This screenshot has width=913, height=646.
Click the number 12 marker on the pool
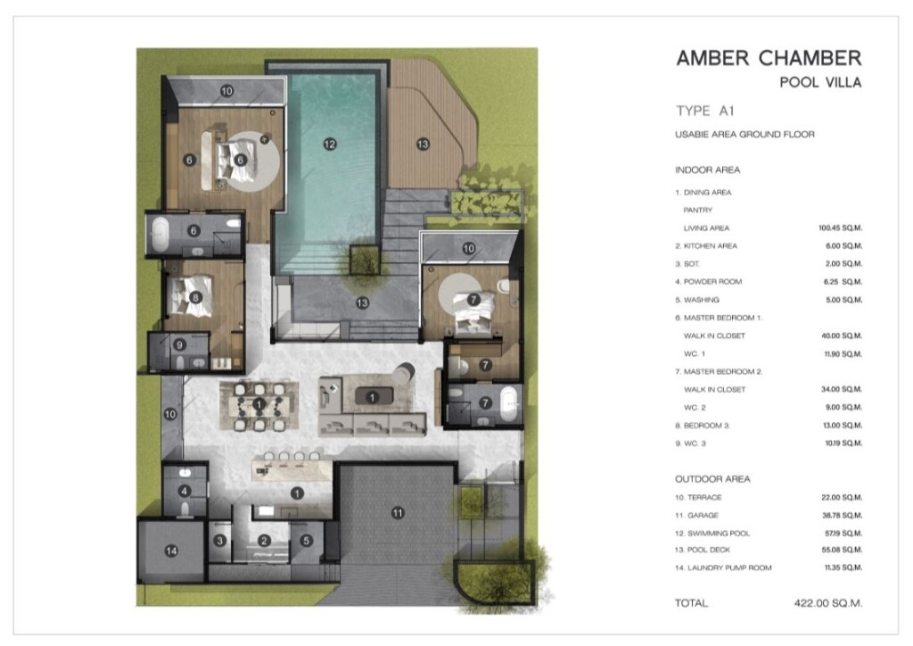click(x=330, y=144)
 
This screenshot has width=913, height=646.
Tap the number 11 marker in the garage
click(x=398, y=513)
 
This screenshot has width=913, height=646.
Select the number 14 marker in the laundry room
click(x=171, y=551)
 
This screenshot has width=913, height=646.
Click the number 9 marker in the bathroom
click(x=179, y=344)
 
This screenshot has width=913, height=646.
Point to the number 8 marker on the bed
click(x=195, y=298)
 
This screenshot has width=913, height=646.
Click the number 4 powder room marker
click(x=185, y=491)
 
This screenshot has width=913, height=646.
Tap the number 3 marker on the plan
click(x=219, y=541)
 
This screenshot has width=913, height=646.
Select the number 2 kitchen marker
click(x=264, y=541)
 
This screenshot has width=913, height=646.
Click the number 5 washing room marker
click(x=307, y=541)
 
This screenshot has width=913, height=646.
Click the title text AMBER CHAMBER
click(x=769, y=58)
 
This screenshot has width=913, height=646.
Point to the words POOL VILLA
click(x=820, y=82)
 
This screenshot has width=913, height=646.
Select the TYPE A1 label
click(x=705, y=111)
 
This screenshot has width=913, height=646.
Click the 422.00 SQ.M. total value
click(x=828, y=603)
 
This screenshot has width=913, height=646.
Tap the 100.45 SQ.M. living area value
click(x=840, y=228)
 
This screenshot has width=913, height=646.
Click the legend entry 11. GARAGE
click(x=696, y=516)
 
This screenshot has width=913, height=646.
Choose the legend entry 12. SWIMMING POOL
click(x=712, y=533)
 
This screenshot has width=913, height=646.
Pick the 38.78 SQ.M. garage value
click(x=842, y=516)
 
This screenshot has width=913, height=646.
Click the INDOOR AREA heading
click(x=707, y=170)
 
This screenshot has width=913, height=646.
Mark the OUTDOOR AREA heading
click(x=712, y=479)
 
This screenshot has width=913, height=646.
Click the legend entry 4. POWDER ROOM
click(x=709, y=281)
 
